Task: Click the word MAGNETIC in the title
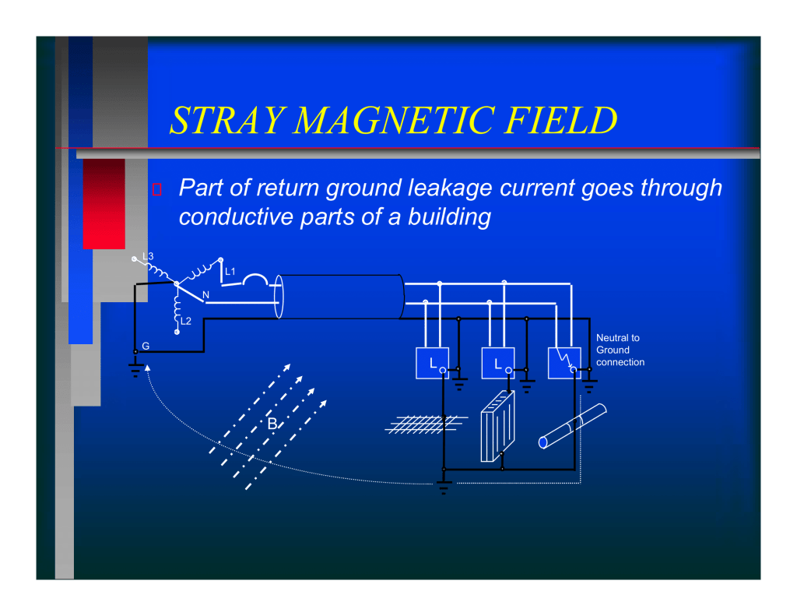[x=394, y=121]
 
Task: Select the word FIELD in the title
[x=561, y=121]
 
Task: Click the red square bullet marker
[x=157, y=189]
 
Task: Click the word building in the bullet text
[x=449, y=217]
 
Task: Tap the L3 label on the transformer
[x=148, y=256]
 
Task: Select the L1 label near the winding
[x=230, y=272]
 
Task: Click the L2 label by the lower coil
[x=186, y=321]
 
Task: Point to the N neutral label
[x=205, y=295]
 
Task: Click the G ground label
[x=146, y=346]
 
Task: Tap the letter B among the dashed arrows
[x=272, y=423]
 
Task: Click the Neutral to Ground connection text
[x=620, y=350]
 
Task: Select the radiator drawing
[x=497, y=426]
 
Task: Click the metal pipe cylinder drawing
[x=572, y=426]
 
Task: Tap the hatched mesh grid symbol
[x=426, y=424]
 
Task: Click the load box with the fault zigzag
[x=564, y=363]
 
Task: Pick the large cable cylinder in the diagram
[x=339, y=297]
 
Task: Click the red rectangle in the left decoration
[x=104, y=204]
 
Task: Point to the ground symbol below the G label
[x=135, y=370]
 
